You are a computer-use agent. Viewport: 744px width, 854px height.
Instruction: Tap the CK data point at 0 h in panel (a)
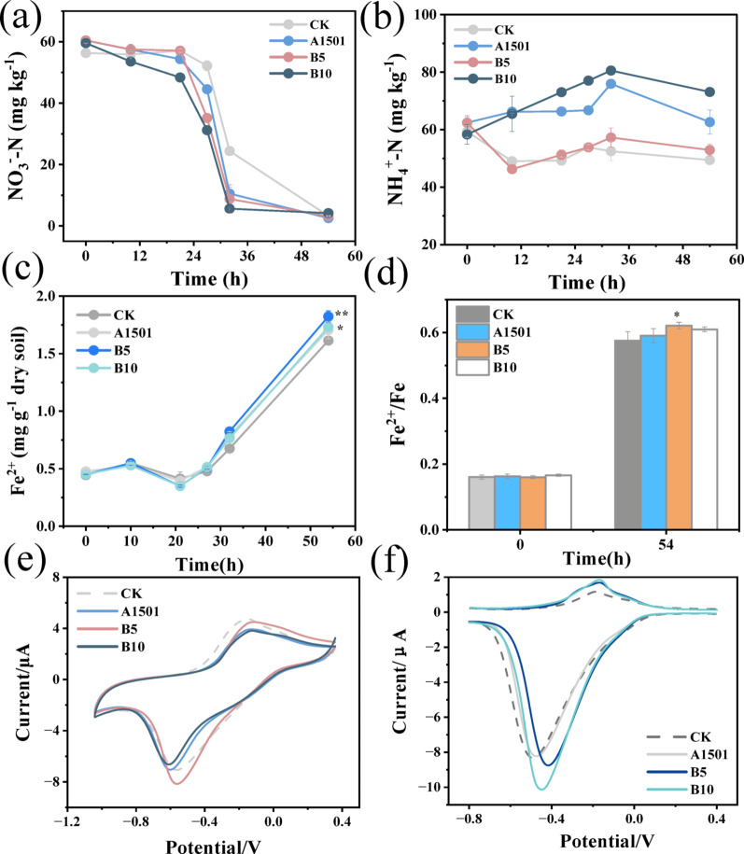[x=86, y=52]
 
